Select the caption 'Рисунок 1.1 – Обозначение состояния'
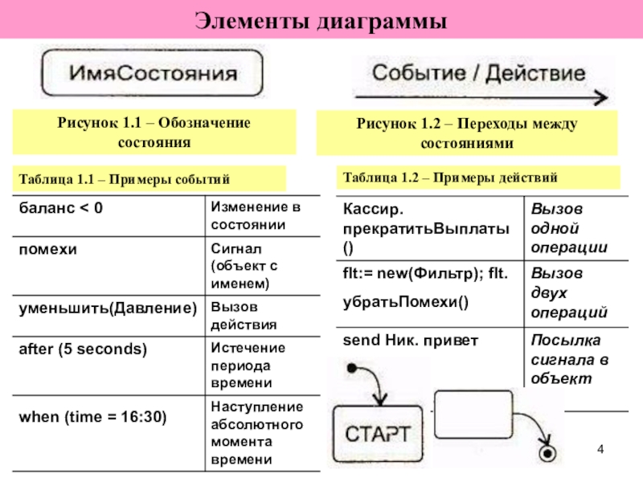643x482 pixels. (154, 133)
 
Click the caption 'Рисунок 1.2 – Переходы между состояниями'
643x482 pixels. (467, 133)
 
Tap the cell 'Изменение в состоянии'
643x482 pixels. (248, 216)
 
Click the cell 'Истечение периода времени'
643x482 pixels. (248, 366)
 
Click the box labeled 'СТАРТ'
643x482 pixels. (377, 435)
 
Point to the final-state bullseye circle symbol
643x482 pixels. (549, 455)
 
